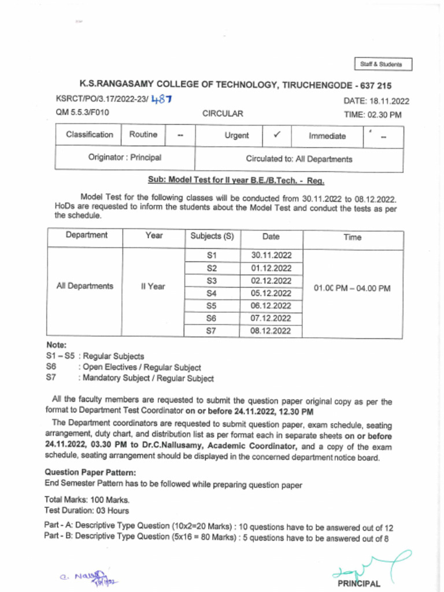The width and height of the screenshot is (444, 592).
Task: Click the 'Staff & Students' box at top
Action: [x=383, y=64]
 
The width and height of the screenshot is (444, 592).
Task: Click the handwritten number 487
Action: [x=161, y=99]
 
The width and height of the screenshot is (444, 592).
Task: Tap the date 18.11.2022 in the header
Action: [x=389, y=101]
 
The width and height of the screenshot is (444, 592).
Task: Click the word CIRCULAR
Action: [x=223, y=114]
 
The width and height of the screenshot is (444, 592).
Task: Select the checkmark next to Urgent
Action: [x=277, y=135]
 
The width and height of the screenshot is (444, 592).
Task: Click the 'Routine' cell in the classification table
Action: [x=143, y=135]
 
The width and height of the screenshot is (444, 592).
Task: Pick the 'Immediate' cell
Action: [x=327, y=136]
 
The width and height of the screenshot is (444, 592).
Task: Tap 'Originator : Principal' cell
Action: [x=124, y=157]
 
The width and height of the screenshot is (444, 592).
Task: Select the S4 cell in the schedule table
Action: [x=211, y=293]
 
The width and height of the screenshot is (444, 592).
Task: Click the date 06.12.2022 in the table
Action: [x=271, y=306]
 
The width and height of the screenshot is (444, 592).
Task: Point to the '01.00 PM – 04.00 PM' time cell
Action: [x=351, y=287]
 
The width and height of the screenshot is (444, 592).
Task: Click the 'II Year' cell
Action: [x=153, y=286]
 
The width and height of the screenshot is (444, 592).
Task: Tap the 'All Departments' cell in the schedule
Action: [x=84, y=286]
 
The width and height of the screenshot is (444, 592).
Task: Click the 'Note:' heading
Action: [x=56, y=345]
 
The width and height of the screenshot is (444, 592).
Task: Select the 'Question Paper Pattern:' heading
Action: [x=90, y=472]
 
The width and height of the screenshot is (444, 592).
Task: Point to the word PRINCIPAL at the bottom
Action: [x=360, y=583]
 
